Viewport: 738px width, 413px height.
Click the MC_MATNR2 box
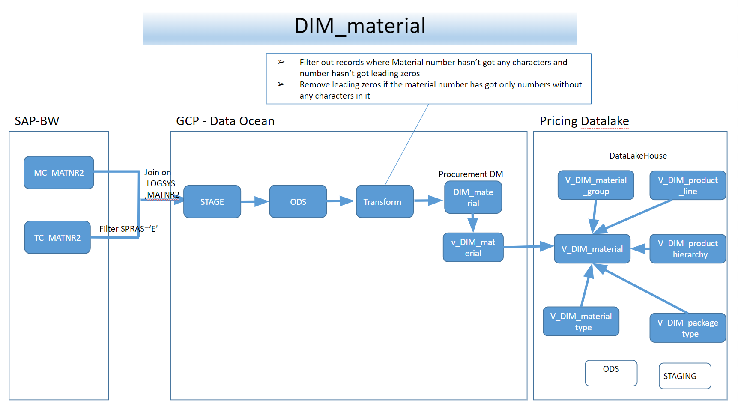pos(59,173)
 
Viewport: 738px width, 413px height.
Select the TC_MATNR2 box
pos(57,237)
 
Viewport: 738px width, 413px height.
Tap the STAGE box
pos(212,202)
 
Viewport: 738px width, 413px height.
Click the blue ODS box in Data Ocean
pos(298,202)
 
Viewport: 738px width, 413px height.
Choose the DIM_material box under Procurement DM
pos(473,198)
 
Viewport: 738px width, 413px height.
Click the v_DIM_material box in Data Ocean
pos(473,248)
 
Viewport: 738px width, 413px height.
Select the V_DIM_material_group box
pos(595,186)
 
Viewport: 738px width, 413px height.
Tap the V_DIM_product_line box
pos(687,186)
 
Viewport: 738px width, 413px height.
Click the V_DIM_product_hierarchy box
pos(687,249)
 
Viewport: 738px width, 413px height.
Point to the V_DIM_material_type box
pos(581,321)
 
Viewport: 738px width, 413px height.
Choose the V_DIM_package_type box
pos(687,328)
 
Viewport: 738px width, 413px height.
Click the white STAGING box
pos(684,376)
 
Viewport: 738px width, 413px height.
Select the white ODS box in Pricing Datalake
pos(611,373)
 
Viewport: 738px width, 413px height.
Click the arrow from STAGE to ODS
pos(255,201)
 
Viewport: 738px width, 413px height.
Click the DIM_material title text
pos(360,26)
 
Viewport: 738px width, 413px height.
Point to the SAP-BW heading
pos(37,121)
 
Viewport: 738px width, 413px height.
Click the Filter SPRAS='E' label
pos(128,229)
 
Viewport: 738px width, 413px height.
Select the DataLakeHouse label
pos(638,156)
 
